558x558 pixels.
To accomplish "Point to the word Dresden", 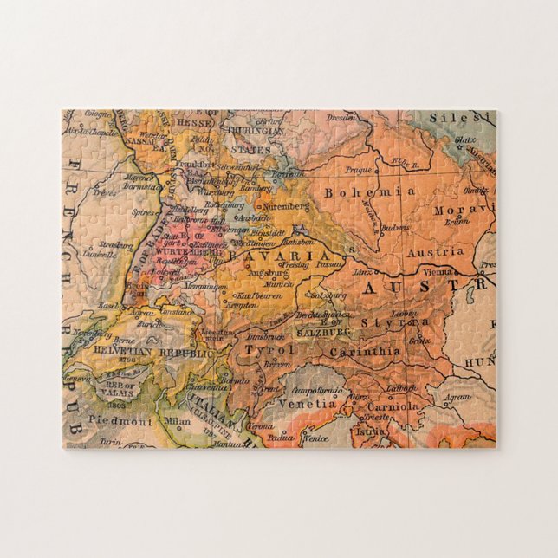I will [x=341, y=116].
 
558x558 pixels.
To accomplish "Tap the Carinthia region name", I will [x=364, y=352].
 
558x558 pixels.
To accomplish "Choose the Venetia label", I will [x=306, y=403].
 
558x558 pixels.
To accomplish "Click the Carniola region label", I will [x=393, y=405].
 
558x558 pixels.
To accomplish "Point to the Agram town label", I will [x=459, y=398].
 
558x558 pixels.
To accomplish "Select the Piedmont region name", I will [x=119, y=421].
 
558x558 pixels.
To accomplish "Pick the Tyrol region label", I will [x=263, y=349].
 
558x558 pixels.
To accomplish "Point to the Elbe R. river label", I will [x=399, y=161].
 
